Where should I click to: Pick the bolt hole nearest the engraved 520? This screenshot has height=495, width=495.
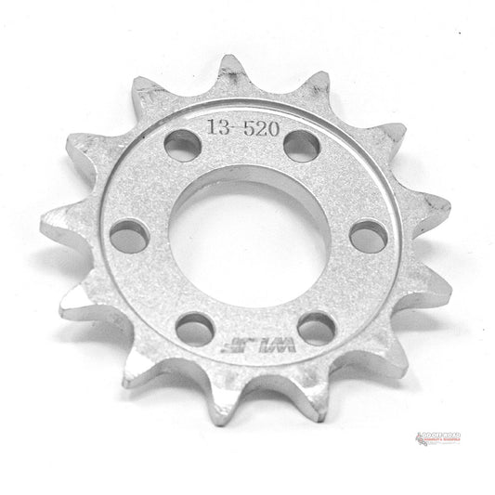click(x=301, y=145)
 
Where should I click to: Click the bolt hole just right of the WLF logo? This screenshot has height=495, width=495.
click(x=316, y=327)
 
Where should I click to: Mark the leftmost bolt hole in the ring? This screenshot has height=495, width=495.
click(x=130, y=235)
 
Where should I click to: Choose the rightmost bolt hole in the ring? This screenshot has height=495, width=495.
click(x=369, y=236)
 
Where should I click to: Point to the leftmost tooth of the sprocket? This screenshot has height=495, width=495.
click(x=51, y=223)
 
